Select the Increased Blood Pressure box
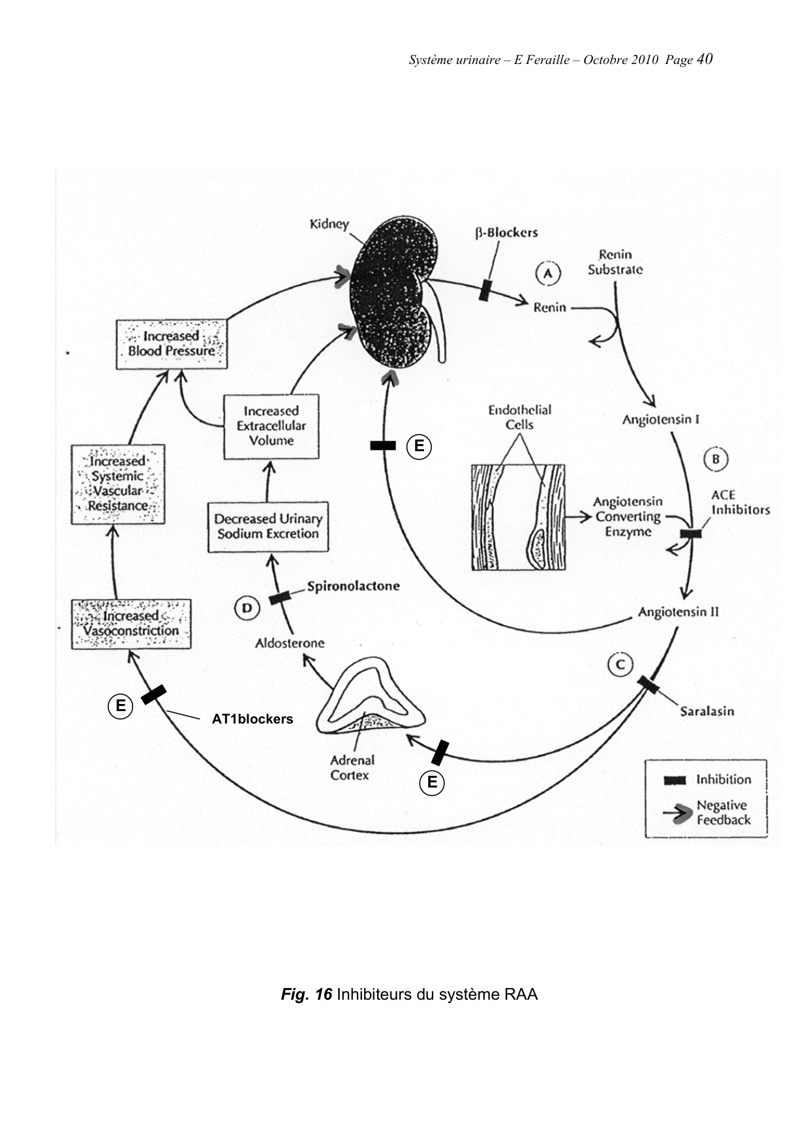(172, 344)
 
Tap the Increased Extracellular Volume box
(271, 426)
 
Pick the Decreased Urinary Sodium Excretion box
(268, 526)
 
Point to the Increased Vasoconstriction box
(131, 624)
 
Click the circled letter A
(548, 273)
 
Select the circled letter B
(716, 459)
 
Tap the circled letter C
(620, 665)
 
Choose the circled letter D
(247, 609)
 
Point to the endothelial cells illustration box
(518, 517)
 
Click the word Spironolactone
(353, 586)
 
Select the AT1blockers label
(252, 719)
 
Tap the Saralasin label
(707, 710)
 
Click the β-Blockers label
(506, 232)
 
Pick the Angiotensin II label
(678, 612)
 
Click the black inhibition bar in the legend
(675, 780)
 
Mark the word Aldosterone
(290, 643)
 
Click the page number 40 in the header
(705, 59)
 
